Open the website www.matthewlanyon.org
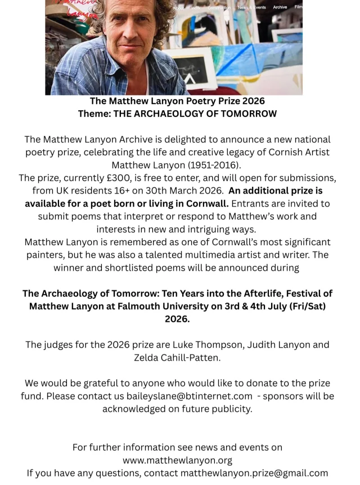click(177, 460)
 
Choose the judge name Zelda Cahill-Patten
click(177, 357)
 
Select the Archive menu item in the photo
click(280, 7)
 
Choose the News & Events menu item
click(252, 7)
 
